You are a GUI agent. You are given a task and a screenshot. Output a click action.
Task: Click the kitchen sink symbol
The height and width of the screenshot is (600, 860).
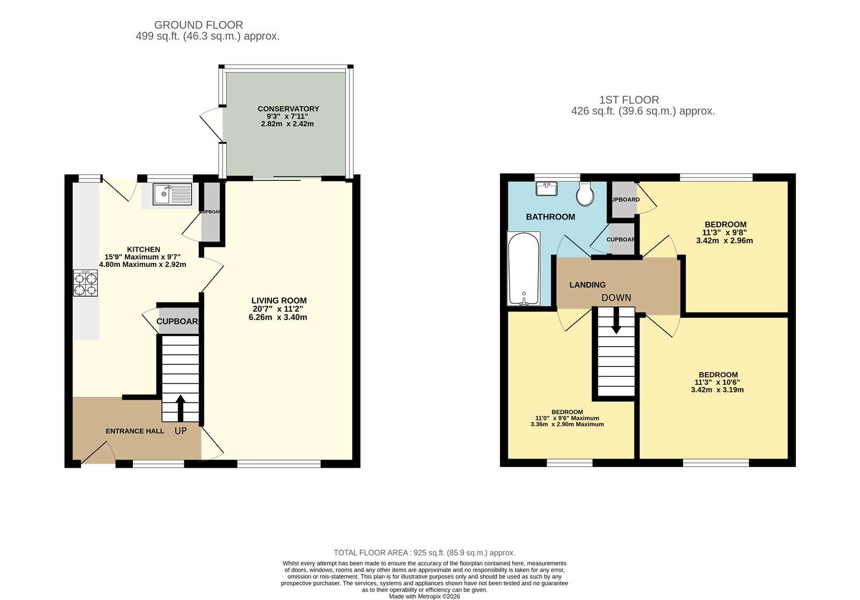pyautogui.click(x=172, y=194)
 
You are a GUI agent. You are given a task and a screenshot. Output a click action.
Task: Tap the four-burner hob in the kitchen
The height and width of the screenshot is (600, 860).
pyautogui.click(x=86, y=283)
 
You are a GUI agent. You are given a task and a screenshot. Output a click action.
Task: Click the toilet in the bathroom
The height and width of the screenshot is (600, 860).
pyautogui.click(x=585, y=194)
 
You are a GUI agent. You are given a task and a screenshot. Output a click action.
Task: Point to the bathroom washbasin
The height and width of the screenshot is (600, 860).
pyautogui.click(x=547, y=189)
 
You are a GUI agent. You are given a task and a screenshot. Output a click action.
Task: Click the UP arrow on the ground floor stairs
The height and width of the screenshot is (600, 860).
pyautogui.click(x=180, y=408)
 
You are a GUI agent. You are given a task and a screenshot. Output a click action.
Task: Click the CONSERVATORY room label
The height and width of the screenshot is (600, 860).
pyautogui.click(x=288, y=109)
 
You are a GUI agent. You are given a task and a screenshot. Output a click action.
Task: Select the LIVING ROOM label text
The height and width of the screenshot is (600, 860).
pyautogui.click(x=279, y=301)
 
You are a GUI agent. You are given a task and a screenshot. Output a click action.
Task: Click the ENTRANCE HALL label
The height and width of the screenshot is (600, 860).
pyautogui.click(x=135, y=431)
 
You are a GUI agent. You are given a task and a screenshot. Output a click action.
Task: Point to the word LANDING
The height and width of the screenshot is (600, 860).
pyautogui.click(x=587, y=285)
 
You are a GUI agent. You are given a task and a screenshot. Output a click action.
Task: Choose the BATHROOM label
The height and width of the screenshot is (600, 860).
pyautogui.click(x=550, y=217)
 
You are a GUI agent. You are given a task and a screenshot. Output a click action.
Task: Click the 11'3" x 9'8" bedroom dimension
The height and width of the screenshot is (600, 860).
pyautogui.click(x=724, y=232)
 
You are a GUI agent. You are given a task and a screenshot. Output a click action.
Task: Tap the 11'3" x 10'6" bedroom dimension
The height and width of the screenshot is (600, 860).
pyautogui.click(x=718, y=382)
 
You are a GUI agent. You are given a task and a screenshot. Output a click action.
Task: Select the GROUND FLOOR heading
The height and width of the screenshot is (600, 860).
pyautogui.click(x=198, y=25)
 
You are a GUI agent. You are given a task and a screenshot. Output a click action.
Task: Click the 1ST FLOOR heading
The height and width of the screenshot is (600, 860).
pyautogui.click(x=629, y=100)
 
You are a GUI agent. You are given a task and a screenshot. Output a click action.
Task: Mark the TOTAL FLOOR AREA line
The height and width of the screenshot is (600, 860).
pyautogui.click(x=424, y=553)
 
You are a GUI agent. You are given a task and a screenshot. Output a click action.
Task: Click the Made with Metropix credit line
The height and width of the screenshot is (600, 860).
pyautogui.click(x=424, y=596)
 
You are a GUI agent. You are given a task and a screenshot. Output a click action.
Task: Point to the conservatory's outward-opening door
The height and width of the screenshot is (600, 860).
pyautogui.click(x=211, y=124)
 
